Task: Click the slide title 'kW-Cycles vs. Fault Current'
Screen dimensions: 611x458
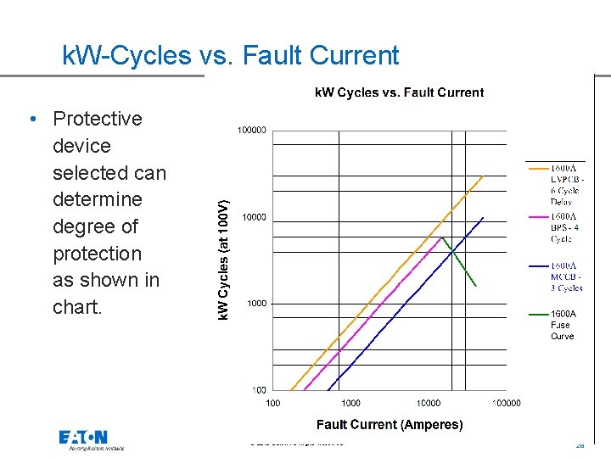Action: click(x=231, y=56)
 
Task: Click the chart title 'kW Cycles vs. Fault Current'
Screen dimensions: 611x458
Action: click(x=399, y=92)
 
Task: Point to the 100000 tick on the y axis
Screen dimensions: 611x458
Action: click(x=252, y=131)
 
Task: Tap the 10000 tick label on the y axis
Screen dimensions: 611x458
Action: click(x=255, y=217)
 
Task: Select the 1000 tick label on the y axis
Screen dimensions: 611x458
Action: click(x=257, y=303)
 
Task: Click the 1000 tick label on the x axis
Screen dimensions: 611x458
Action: click(x=350, y=403)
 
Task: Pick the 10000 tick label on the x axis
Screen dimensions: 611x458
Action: click(x=429, y=403)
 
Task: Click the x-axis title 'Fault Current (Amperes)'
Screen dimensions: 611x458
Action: click(x=390, y=424)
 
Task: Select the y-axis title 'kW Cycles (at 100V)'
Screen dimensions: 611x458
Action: click(x=223, y=260)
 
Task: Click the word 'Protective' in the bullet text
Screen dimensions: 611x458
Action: click(x=97, y=119)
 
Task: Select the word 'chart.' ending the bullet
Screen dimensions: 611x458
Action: click(x=77, y=307)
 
